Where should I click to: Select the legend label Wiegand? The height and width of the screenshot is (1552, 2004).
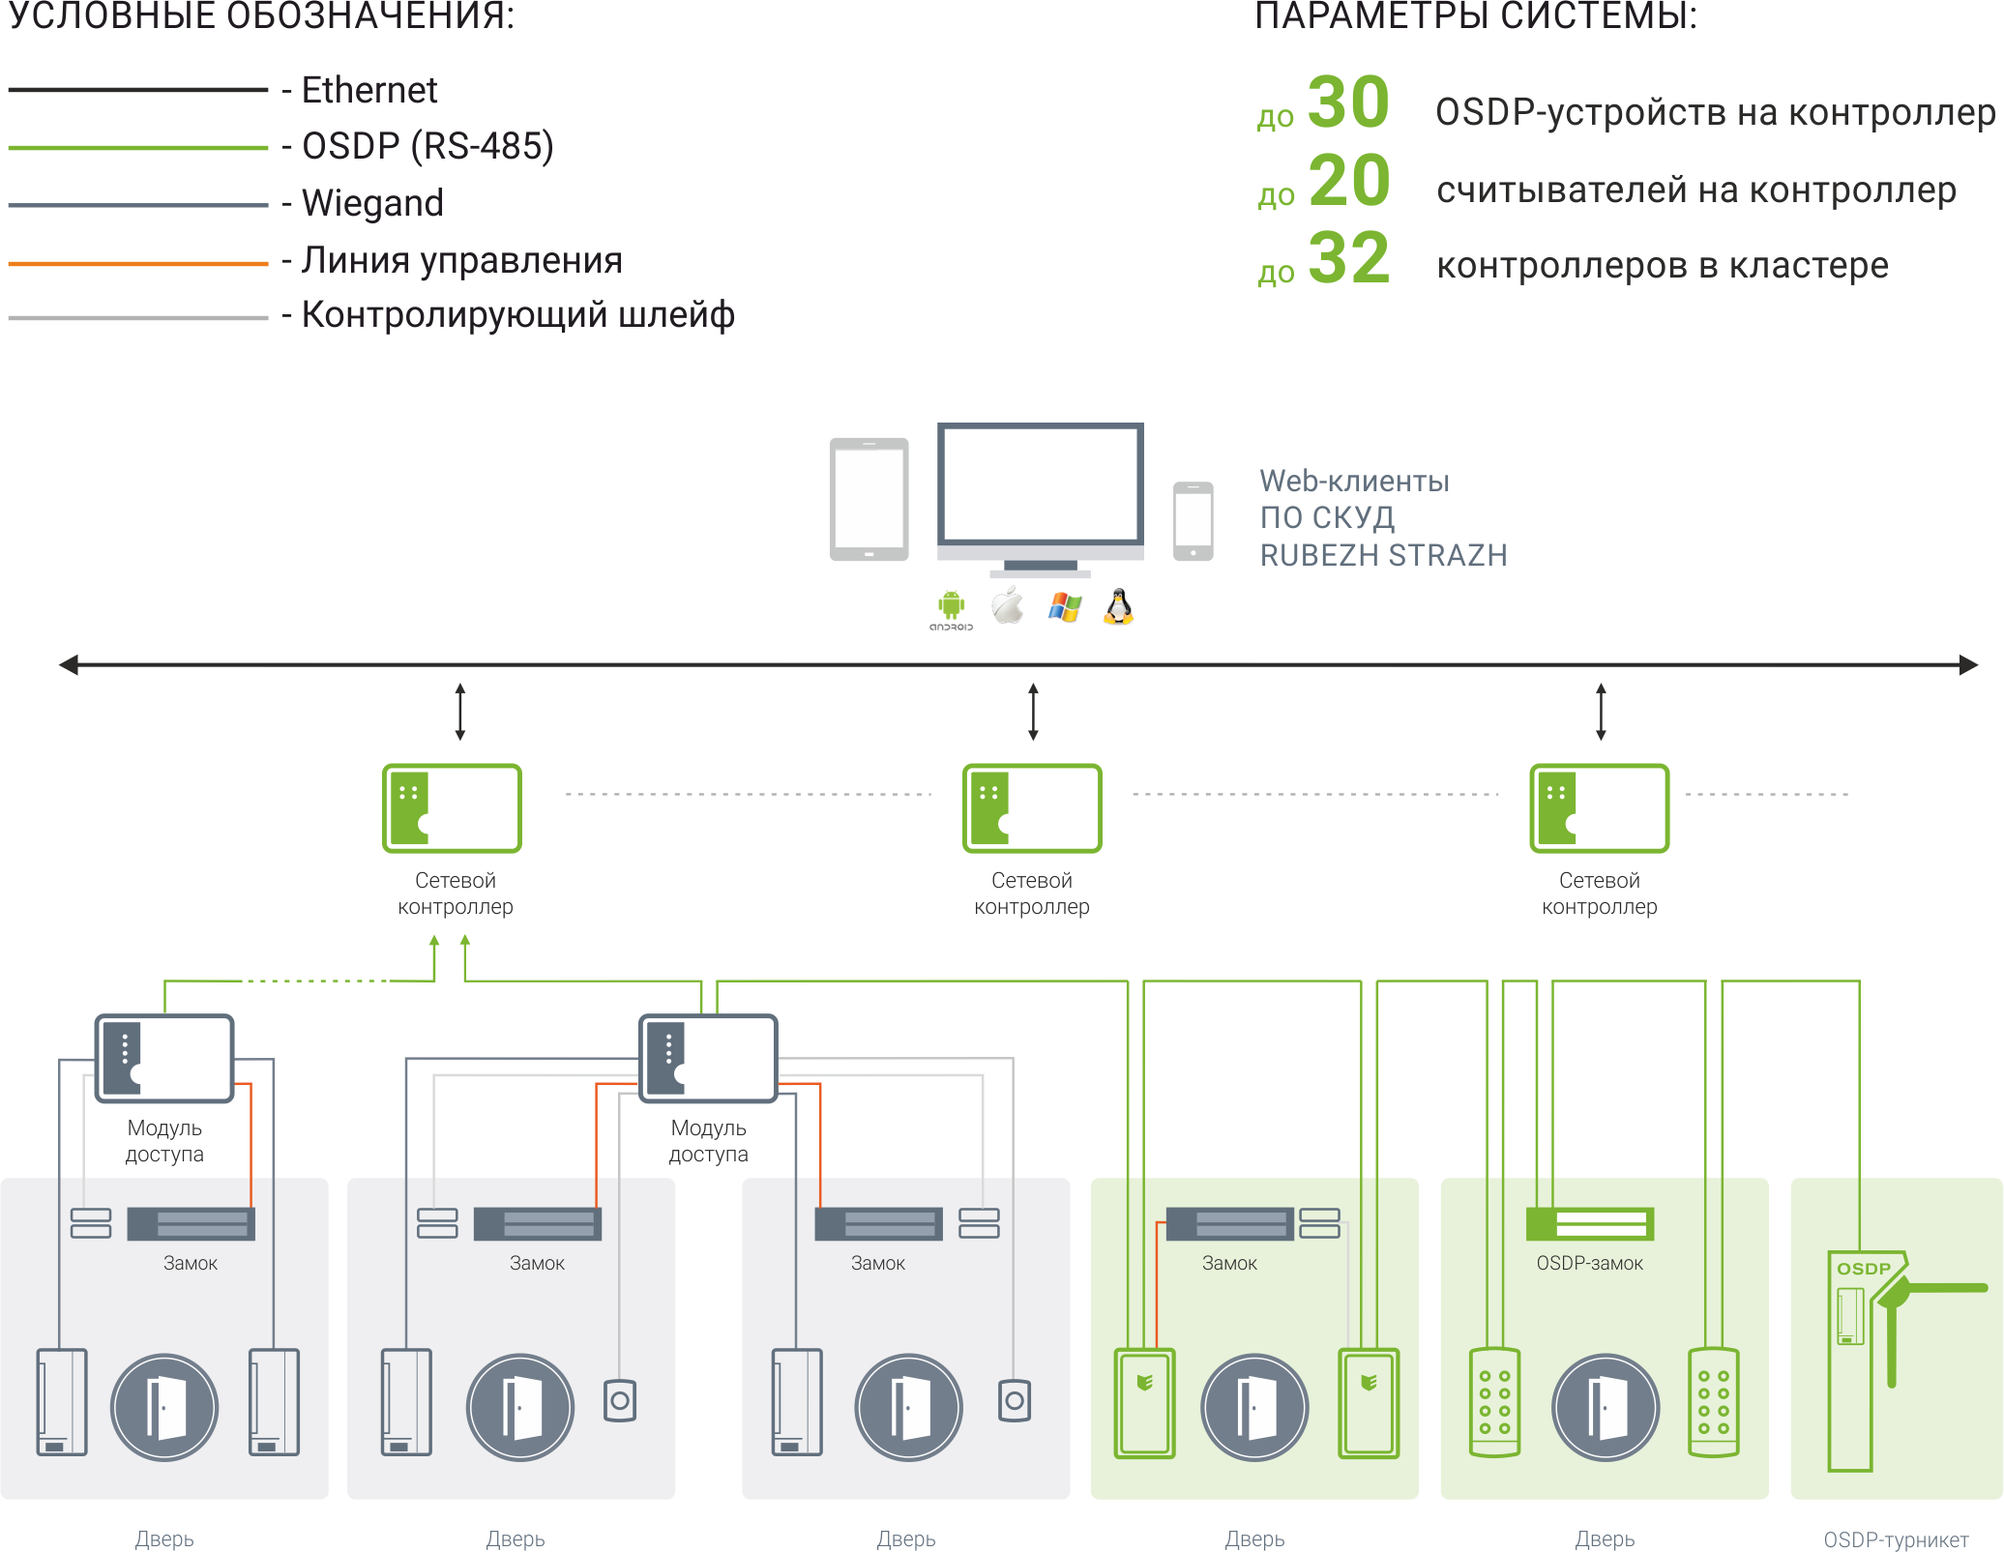[x=372, y=203]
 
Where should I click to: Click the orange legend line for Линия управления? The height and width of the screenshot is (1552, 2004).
[x=138, y=263]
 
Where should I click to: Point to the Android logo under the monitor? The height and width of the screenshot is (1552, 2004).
[x=952, y=610]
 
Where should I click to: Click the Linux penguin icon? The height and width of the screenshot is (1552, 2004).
[x=1118, y=606]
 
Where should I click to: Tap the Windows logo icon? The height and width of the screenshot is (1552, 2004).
[x=1065, y=607]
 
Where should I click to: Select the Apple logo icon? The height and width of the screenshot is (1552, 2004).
[x=1008, y=605]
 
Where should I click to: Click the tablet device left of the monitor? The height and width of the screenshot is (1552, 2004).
[x=869, y=499]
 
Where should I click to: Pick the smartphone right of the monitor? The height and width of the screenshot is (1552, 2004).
[x=1193, y=520]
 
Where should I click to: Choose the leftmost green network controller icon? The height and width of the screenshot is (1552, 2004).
[x=452, y=808]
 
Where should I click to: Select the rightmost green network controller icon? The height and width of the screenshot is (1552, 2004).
[x=1599, y=808]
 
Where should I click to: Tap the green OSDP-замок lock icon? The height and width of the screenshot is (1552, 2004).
[x=1590, y=1223]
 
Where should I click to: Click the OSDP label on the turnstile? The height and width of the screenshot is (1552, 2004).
[x=1863, y=1269]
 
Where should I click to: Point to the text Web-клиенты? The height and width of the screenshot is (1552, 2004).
[x=1354, y=481]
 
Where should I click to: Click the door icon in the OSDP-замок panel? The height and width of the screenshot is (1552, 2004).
[x=1606, y=1407]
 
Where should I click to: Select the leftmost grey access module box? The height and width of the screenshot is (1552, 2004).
[x=164, y=1058]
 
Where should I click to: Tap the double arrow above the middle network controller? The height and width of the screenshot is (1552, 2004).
[x=1033, y=712]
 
